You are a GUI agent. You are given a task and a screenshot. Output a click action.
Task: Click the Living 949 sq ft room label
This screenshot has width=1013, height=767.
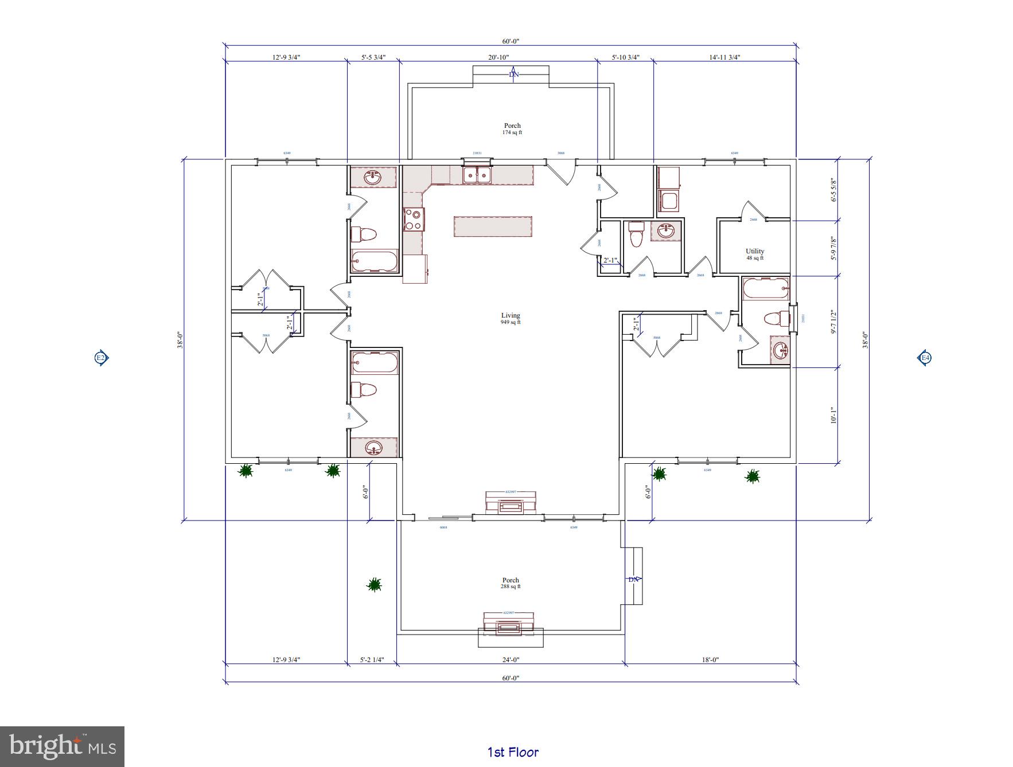[511, 318]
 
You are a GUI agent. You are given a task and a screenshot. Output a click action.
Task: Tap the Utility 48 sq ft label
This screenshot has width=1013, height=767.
[754, 254]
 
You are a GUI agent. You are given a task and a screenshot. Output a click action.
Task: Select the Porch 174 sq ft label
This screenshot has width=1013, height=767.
[512, 128]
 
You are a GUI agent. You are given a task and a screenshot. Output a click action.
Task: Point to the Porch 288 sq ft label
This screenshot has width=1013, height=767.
[511, 583]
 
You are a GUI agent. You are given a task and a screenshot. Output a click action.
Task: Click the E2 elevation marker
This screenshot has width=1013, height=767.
[100, 358]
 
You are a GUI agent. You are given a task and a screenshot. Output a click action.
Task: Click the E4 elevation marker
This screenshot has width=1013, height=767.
[925, 358]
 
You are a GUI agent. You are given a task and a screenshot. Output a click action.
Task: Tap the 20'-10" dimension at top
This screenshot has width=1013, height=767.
[498, 57]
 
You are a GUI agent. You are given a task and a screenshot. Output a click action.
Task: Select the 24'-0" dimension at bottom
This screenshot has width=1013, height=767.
[510, 660]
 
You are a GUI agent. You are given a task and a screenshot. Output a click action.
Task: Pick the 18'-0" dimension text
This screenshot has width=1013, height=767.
[710, 660]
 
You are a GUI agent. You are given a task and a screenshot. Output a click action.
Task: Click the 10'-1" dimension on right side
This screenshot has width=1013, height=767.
[833, 415]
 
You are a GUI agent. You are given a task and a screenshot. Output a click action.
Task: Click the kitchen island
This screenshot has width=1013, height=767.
[493, 226]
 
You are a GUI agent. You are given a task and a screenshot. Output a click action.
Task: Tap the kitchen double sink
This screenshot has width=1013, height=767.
[477, 175]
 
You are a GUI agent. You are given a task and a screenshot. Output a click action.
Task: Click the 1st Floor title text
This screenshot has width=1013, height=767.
[513, 752]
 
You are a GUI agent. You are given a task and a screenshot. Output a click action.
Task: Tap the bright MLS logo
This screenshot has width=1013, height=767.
[62, 746]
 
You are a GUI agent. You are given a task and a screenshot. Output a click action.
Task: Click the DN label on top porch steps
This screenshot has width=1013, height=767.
[513, 75]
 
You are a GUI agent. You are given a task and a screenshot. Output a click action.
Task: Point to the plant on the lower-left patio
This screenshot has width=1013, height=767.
[374, 584]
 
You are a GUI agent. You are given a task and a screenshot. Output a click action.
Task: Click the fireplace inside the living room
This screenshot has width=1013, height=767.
[510, 503]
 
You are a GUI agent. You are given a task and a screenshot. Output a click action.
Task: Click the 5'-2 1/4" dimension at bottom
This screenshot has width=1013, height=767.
[372, 660]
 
